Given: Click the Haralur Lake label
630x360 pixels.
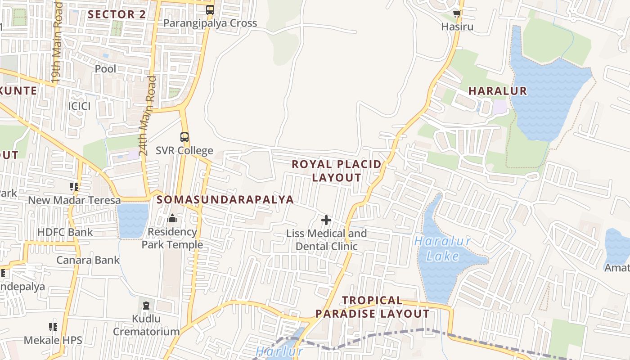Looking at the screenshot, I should point(443,249).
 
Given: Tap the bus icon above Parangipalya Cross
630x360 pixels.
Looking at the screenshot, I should point(210,9).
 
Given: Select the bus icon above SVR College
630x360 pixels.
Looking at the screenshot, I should point(184,137).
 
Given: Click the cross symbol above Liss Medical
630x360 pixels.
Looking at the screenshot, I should point(326,220).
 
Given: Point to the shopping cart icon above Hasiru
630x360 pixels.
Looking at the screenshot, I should point(457,13).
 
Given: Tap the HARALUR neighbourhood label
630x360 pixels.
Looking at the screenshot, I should point(497,91).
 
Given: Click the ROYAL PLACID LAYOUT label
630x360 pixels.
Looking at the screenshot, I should point(337,171).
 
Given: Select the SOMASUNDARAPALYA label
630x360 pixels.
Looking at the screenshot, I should point(225,199).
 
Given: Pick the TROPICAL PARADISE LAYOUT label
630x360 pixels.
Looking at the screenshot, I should point(372,307).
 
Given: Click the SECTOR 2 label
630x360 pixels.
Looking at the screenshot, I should point(117,14).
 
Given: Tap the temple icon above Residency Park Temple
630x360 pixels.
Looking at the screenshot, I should point(172,219).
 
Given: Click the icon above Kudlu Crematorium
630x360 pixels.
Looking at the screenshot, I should point(146,306).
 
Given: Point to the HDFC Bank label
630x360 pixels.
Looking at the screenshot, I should point(65,232).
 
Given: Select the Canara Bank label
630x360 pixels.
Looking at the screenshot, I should point(88,260).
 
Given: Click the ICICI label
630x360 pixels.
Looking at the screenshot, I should point(79,106).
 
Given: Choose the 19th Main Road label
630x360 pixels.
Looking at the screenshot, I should point(56,43).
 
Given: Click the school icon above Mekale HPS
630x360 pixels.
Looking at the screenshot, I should point(53,327).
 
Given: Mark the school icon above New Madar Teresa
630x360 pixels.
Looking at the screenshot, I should point(74,186).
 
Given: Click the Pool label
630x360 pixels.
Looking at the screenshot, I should point(105,69).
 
